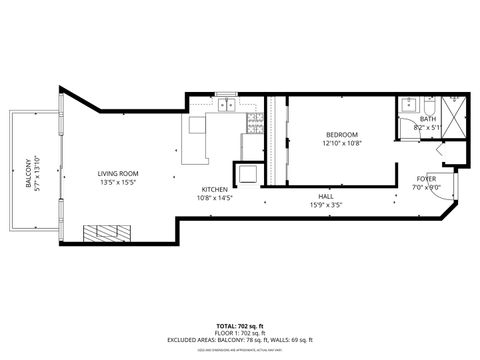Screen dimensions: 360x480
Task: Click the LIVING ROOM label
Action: (x=119, y=172)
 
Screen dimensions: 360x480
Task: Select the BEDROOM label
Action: (x=341, y=134)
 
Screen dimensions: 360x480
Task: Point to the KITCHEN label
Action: (x=215, y=189)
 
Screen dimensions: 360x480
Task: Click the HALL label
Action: (x=325, y=196)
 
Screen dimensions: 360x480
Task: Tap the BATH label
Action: (x=427, y=119)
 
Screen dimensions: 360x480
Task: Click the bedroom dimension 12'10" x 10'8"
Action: (x=341, y=143)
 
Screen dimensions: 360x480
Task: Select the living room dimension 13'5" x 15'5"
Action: (x=119, y=181)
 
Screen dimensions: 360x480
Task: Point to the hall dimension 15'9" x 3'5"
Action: (x=325, y=205)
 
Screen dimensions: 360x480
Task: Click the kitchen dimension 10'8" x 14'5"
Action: (x=215, y=198)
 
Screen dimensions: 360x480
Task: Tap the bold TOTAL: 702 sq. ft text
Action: (x=240, y=326)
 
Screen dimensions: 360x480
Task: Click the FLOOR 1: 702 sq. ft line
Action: (x=240, y=334)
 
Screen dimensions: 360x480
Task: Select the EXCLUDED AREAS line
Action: (x=240, y=342)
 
